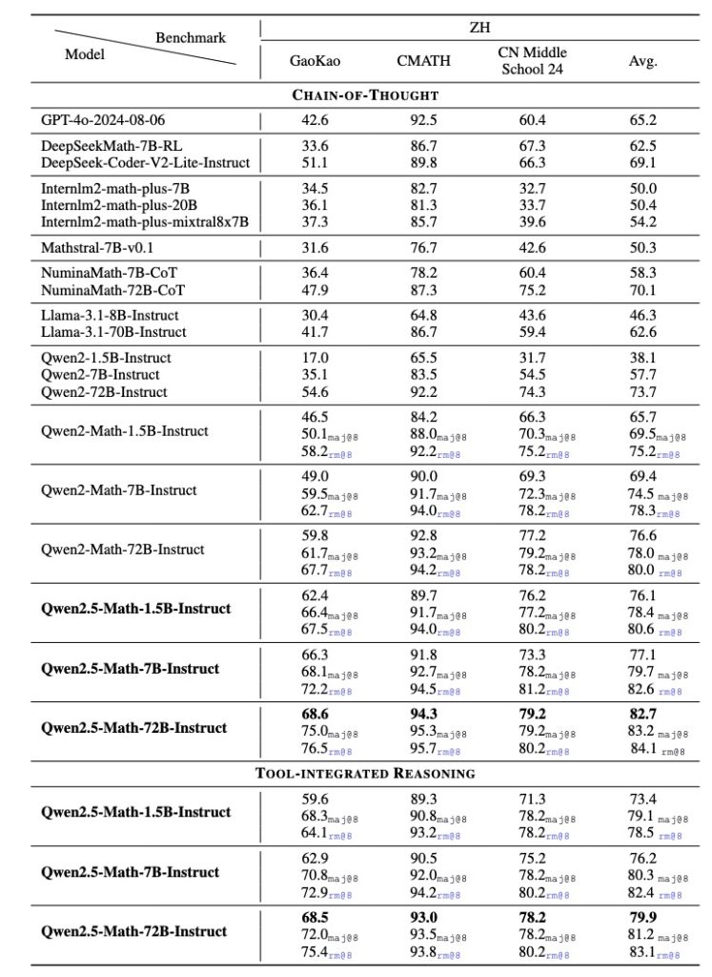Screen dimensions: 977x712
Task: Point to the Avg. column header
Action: coord(642,63)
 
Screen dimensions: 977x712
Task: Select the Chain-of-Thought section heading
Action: coord(356,95)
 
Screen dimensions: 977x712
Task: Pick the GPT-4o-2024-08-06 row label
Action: coord(111,121)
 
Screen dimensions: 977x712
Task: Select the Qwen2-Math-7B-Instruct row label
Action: coord(119,490)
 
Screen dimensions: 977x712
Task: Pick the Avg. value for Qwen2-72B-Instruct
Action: coord(642,392)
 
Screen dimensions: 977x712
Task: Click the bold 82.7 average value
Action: coord(643,713)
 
